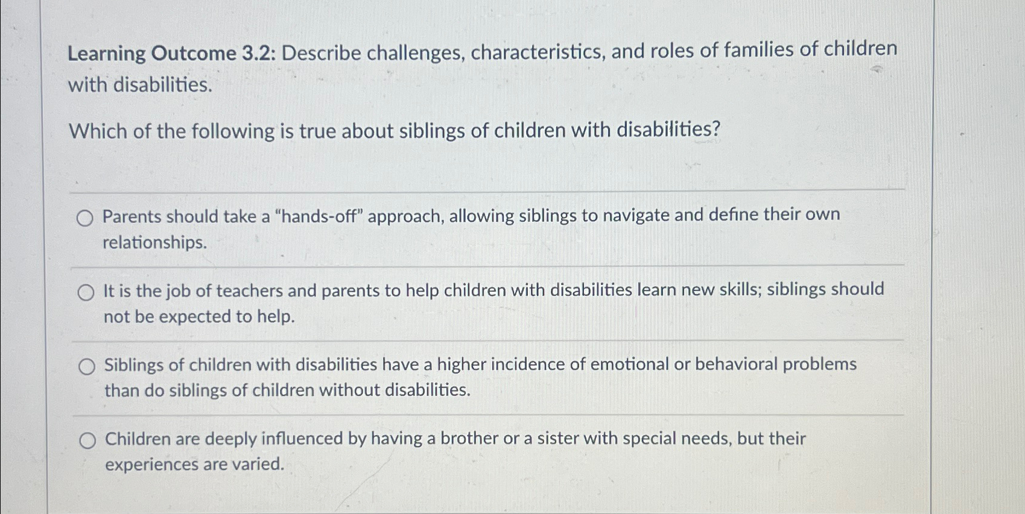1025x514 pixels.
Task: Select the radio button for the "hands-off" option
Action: coord(85,218)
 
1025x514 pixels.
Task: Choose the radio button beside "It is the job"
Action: coord(86,293)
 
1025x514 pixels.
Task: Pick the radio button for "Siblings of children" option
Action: coord(87,366)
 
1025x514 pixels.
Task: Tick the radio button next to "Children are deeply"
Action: coord(87,441)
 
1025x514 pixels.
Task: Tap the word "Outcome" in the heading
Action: coord(194,54)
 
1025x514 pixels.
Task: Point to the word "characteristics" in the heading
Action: coord(538,52)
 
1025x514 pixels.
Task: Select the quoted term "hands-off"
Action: coord(319,216)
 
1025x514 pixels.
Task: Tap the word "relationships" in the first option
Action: coord(154,242)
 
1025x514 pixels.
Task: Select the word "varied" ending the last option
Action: coord(261,464)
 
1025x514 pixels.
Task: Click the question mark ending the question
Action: coord(716,129)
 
